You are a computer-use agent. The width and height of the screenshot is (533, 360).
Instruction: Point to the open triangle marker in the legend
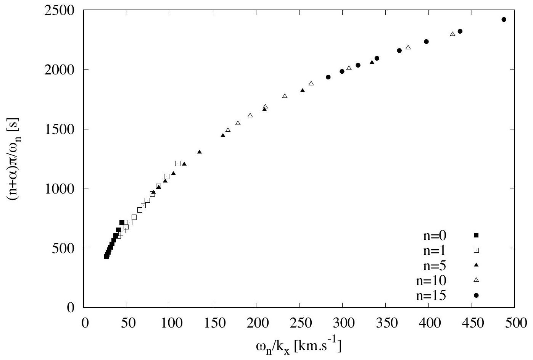(476, 280)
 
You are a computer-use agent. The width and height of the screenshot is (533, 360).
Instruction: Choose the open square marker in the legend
(476, 250)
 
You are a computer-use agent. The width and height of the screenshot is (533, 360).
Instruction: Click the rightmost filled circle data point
(504, 19)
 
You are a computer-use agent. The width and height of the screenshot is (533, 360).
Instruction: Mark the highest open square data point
(178, 163)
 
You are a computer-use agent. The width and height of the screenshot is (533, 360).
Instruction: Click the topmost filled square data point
(122, 223)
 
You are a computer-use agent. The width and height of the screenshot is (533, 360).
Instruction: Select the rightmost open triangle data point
(452, 34)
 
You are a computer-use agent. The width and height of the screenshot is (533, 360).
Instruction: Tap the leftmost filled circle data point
(328, 77)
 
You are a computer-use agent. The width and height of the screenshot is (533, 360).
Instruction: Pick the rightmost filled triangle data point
(372, 62)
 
